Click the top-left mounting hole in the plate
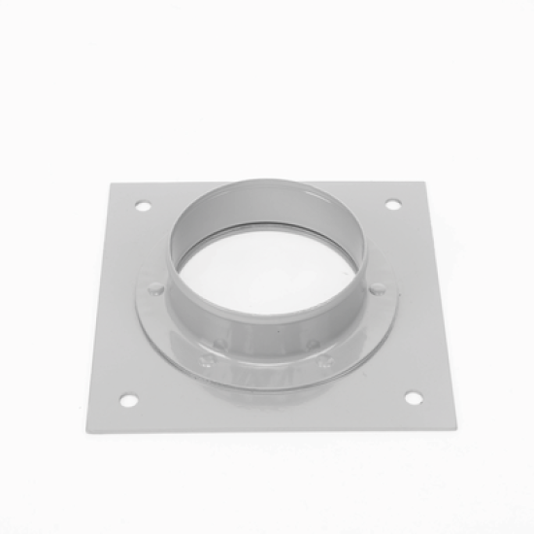(143, 206)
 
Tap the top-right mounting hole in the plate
(392, 204)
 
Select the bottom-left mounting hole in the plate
(126, 398)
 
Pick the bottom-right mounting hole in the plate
(413, 397)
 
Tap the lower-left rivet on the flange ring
(220, 343)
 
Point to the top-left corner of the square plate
(127, 184)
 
